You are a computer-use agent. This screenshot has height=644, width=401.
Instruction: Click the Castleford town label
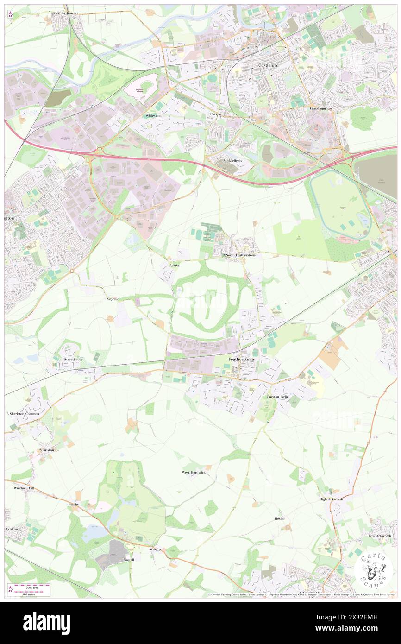tap(267, 66)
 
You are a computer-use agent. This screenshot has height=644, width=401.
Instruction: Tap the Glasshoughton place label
tap(321, 108)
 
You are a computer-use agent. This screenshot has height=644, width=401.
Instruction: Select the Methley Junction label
tap(66, 13)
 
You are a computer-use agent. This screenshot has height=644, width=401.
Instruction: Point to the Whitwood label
tap(152, 115)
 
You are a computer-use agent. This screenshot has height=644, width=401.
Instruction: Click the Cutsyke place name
tap(216, 114)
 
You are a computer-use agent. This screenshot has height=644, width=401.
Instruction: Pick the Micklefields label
tap(232, 160)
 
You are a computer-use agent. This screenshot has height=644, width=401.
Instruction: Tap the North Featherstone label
tap(240, 255)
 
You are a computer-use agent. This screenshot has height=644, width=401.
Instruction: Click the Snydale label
tap(113, 299)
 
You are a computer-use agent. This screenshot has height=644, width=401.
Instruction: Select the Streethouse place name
tap(73, 360)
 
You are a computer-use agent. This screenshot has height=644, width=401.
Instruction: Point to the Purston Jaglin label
tap(278, 397)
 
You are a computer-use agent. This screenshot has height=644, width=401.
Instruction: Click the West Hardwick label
tap(193, 473)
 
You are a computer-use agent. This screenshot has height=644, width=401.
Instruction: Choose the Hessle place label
tap(279, 518)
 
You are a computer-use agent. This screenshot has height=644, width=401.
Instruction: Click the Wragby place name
tap(155, 549)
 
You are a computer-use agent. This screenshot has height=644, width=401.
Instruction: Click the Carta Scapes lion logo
tap(374, 569)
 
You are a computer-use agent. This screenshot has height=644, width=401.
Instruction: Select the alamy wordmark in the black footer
tap(46, 622)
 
